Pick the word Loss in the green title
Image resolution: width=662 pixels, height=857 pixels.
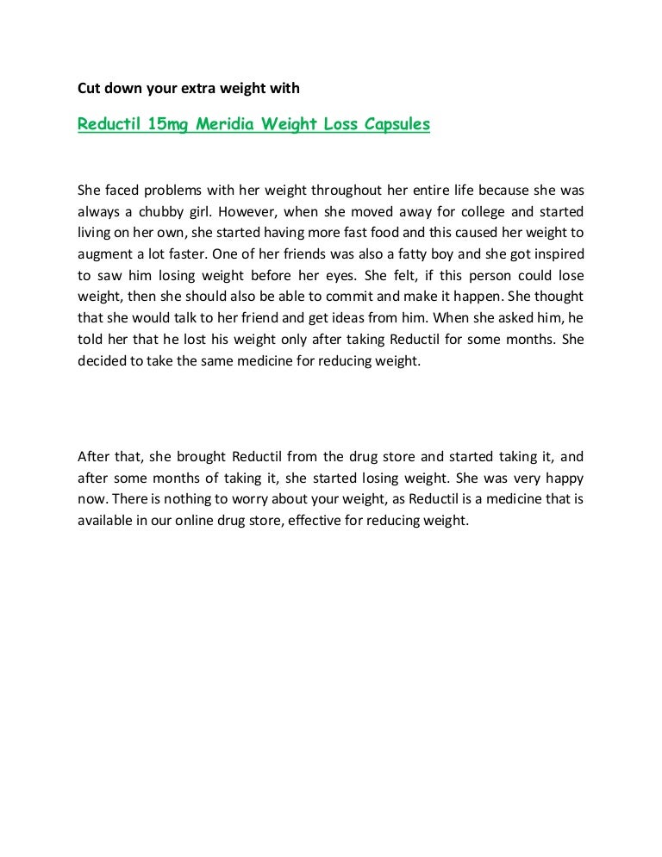(343, 124)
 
